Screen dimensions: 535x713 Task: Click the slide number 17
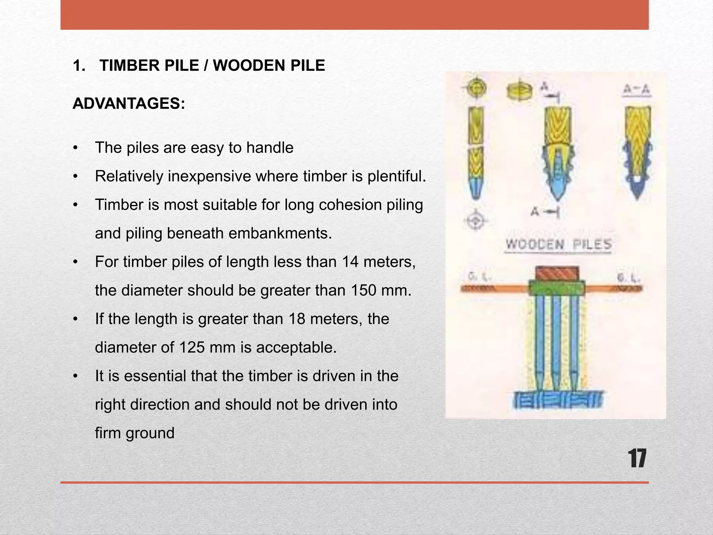(x=637, y=459)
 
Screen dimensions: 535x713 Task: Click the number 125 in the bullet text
(x=192, y=347)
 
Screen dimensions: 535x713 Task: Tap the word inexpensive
(x=210, y=176)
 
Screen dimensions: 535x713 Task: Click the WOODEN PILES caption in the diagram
(x=558, y=245)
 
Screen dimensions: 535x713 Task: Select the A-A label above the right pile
(x=636, y=90)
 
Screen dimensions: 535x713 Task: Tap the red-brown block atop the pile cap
(x=557, y=273)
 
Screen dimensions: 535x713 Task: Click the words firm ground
(x=134, y=433)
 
